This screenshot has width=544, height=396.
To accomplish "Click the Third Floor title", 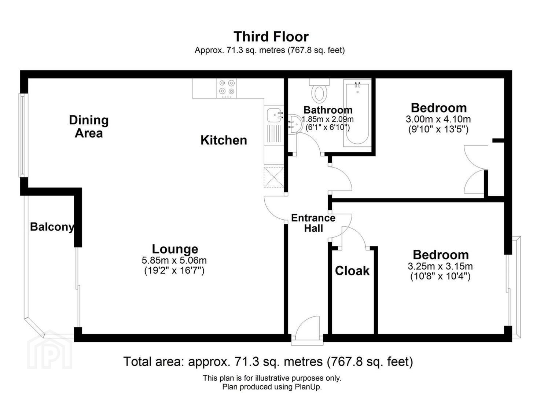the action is tap(271, 37).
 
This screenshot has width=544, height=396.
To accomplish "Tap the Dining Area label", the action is tap(89, 126).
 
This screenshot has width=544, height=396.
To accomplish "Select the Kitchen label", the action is tap(224, 140).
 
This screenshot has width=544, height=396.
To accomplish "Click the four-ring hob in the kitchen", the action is tap(227, 88).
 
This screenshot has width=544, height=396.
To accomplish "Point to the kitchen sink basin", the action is tap(274, 115).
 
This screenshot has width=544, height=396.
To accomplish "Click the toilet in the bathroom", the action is tap(319, 91).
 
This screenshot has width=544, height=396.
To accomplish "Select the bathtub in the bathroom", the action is tap(357, 113).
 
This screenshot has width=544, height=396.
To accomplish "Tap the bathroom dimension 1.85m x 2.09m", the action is tap(328, 119).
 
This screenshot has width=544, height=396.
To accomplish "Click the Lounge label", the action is tap(175, 249).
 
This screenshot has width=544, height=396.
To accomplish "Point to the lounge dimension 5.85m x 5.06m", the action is tap(174, 260).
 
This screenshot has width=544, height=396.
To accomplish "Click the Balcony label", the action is tap(52, 227).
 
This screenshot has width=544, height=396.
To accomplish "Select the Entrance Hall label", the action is tap(313, 223).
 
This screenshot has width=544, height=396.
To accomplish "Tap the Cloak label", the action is tap(352, 271).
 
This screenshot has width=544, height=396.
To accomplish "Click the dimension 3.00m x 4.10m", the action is tap(438, 119).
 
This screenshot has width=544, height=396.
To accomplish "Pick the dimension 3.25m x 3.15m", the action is tap(440, 266).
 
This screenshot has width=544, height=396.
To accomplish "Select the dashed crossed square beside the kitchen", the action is tap(274, 177).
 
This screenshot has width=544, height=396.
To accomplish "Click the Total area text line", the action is tap(268, 362).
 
